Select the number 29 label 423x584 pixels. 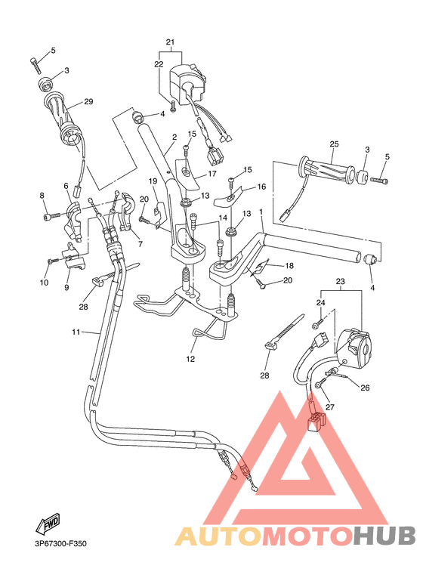click(88, 101)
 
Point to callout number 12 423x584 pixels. click(190, 360)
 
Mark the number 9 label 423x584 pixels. click(66, 287)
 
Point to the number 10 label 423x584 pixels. click(44, 283)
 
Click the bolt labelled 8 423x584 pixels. click(51, 217)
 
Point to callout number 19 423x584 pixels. click(152, 181)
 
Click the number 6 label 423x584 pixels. click(66, 186)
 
